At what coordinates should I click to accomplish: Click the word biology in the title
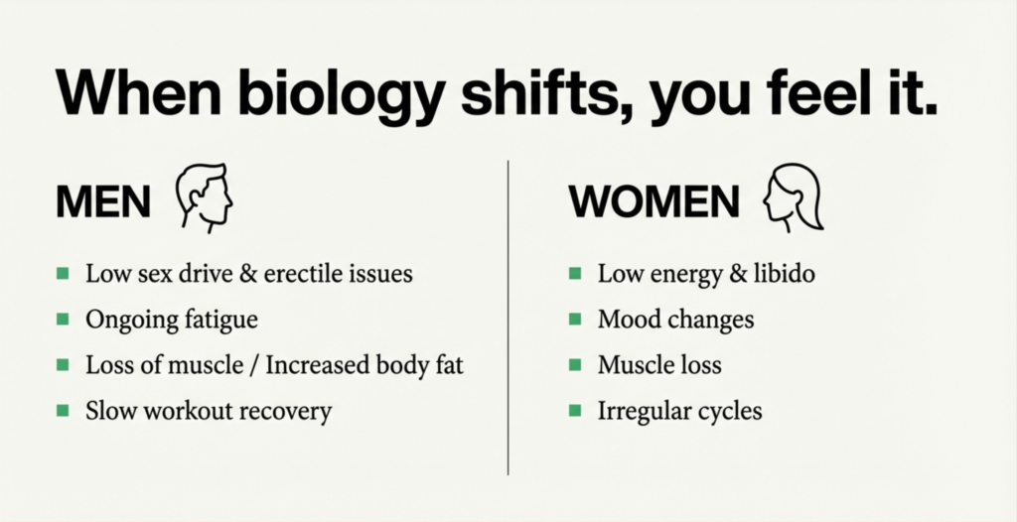click(342, 94)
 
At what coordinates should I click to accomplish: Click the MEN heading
click(103, 201)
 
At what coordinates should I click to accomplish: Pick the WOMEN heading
click(654, 201)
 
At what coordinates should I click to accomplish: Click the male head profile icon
click(205, 197)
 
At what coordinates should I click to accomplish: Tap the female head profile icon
click(793, 197)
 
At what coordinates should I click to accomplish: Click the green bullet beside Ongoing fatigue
click(63, 319)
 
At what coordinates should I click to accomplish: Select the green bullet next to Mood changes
click(575, 319)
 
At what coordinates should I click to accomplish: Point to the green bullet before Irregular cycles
click(575, 411)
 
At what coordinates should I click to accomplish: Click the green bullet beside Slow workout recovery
click(63, 411)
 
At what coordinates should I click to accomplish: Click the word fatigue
click(221, 320)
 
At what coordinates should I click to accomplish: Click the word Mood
click(624, 319)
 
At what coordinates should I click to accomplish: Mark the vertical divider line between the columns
click(508, 318)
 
